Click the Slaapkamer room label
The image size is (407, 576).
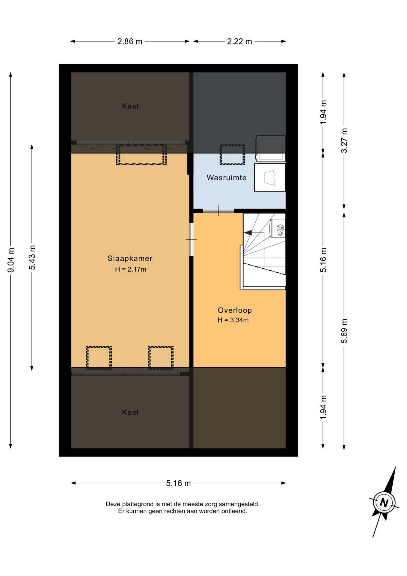click(130, 258)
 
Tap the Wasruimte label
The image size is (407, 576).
click(227, 178)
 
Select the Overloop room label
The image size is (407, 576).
click(235, 310)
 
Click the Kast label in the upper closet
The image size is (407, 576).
click(130, 106)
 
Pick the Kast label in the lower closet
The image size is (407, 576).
click(130, 412)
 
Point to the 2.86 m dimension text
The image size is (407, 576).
click(130, 41)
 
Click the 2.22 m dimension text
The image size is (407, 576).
click(239, 41)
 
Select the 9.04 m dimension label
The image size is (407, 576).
click(11, 260)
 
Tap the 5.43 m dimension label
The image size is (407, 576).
click(32, 257)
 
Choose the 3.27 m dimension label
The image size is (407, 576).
click(344, 140)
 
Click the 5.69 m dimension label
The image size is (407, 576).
click(344, 331)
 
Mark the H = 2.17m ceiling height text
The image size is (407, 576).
click(130, 269)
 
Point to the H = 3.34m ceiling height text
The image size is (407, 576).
click(233, 320)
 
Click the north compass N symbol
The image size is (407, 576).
click(384, 502)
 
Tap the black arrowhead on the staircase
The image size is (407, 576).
click(248, 232)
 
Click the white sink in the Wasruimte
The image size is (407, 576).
click(270, 178)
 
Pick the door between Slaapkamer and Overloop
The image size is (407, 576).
click(191, 239)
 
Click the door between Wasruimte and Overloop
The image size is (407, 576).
click(218, 211)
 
